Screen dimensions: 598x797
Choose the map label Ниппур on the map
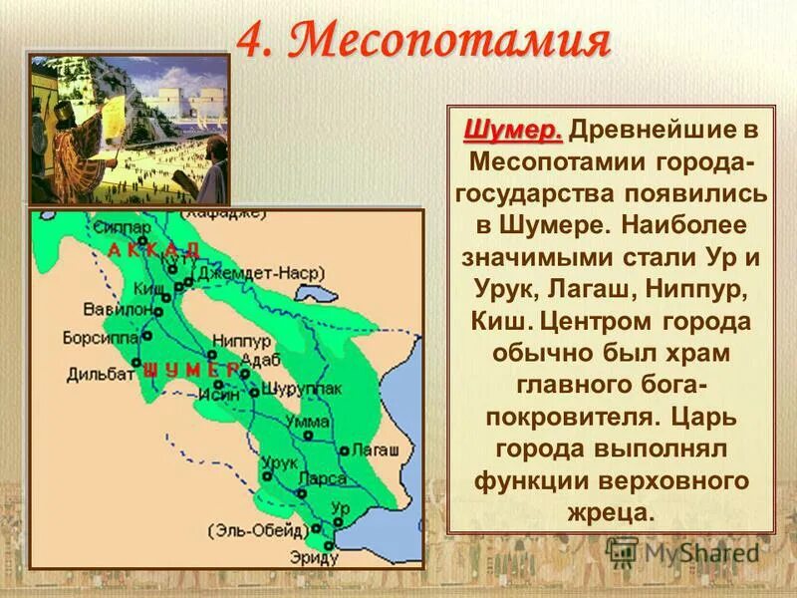[235, 338]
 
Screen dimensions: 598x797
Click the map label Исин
[222, 394]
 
